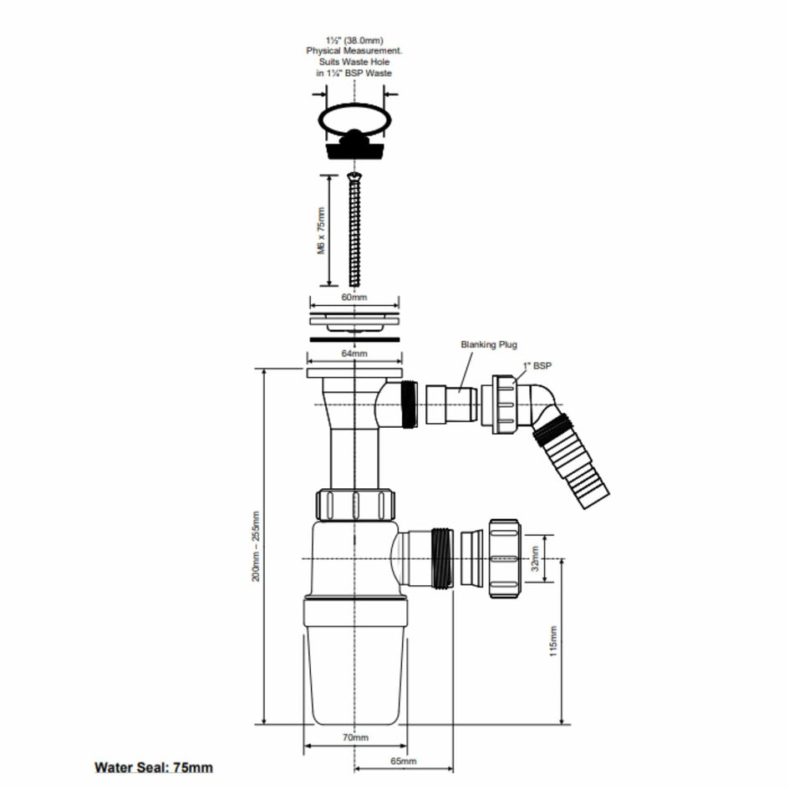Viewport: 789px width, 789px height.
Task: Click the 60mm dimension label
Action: (354, 298)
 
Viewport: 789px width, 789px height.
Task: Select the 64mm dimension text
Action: (354, 354)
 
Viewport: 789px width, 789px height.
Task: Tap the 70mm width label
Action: (355, 738)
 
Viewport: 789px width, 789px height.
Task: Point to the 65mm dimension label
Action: (404, 761)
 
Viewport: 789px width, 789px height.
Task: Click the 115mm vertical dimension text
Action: (553, 641)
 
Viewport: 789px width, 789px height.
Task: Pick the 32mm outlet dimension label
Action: (535, 558)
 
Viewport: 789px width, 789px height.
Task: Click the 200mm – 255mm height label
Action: (256, 547)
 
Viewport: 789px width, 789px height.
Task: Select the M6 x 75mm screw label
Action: (321, 231)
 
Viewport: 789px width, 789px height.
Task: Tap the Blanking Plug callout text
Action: (489, 344)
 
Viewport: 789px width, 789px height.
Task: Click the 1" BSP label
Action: (537, 366)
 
